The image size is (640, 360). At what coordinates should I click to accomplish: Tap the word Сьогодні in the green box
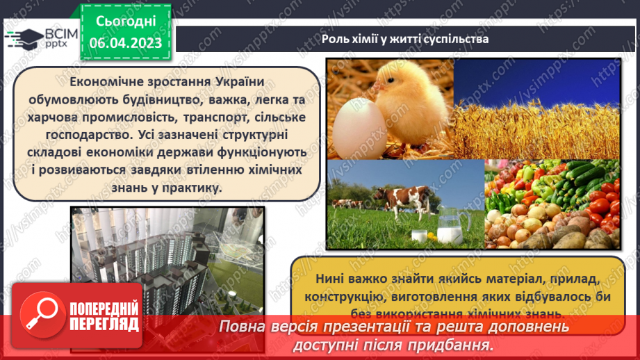point(125,22)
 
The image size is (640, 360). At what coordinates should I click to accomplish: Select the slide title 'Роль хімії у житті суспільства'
point(405,39)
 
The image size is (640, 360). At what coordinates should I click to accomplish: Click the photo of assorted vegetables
point(552,205)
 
